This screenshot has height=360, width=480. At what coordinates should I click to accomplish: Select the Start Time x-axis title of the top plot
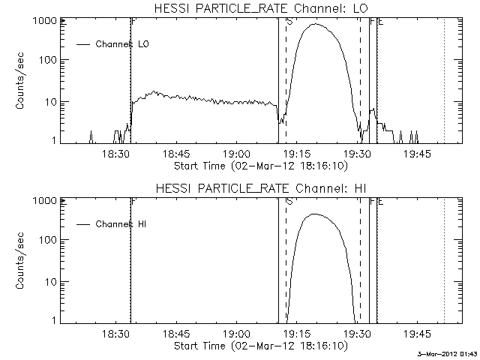pyautogui.click(x=259, y=165)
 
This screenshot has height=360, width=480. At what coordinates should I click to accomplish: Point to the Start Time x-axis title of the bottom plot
pyautogui.click(x=259, y=345)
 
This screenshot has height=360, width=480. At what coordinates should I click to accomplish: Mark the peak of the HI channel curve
pyautogui.click(x=315, y=214)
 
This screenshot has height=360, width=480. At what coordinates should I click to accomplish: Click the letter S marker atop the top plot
pyautogui.click(x=289, y=22)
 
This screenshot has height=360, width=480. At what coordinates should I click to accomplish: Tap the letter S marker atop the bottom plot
pyautogui.click(x=289, y=202)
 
